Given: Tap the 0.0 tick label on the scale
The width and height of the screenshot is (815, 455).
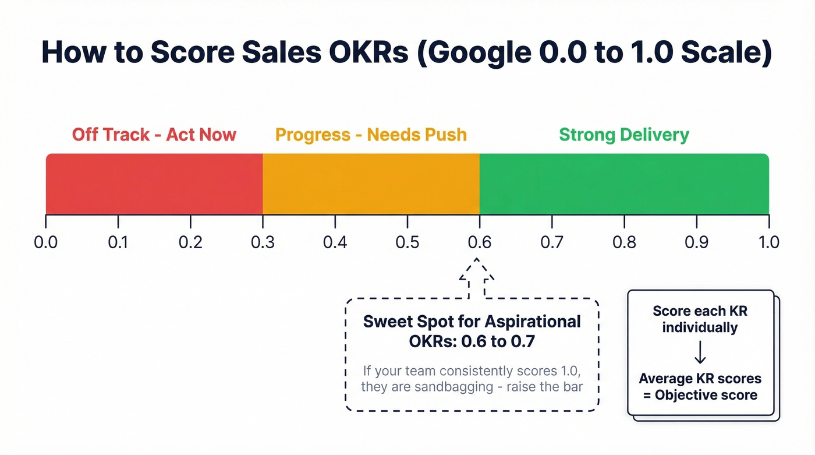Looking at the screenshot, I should (46, 242).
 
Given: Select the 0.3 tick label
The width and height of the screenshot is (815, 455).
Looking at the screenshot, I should (263, 242).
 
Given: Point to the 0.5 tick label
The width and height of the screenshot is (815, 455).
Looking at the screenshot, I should (408, 242).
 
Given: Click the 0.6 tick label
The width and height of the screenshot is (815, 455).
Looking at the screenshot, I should (480, 242).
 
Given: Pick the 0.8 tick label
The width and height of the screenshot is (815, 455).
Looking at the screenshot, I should (624, 242).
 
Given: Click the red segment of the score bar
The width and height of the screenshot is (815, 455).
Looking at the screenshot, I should (154, 184).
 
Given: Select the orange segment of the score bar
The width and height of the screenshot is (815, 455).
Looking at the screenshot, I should (371, 184).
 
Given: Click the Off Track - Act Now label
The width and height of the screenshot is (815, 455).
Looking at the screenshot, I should (154, 135).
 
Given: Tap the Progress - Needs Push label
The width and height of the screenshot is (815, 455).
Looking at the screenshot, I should (371, 135).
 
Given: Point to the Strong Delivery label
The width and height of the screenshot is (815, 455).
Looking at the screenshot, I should (624, 135).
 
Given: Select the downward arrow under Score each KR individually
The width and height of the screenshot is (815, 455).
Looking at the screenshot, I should (700, 352).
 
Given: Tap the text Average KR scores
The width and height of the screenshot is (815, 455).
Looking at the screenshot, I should (700, 379).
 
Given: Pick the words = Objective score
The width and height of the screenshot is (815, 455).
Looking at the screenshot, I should (700, 395).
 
